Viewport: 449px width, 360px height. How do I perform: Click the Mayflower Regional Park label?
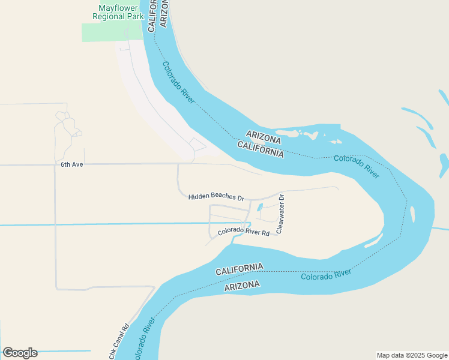click(x=118, y=13)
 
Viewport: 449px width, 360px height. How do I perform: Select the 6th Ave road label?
click(x=71, y=164)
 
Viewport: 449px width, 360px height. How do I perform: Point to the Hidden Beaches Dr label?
click(x=216, y=197)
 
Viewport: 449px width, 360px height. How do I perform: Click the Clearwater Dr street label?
click(x=280, y=213)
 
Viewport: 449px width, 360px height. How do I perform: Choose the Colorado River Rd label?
click(x=243, y=232)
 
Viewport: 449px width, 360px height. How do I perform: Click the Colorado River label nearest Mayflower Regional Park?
click(x=178, y=82)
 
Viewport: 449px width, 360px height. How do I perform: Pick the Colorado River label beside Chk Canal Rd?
click(x=143, y=341)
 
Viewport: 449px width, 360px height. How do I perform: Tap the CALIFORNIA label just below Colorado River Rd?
click(x=240, y=269)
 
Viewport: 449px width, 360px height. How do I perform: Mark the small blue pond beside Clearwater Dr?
click(x=260, y=208)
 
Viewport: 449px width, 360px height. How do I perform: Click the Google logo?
click(x=20, y=353)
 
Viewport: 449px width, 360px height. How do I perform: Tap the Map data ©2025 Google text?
click(x=412, y=355)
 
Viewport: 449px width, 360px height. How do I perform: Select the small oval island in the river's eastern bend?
click(x=412, y=214)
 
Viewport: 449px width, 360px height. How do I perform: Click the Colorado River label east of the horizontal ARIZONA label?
click(x=357, y=166)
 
